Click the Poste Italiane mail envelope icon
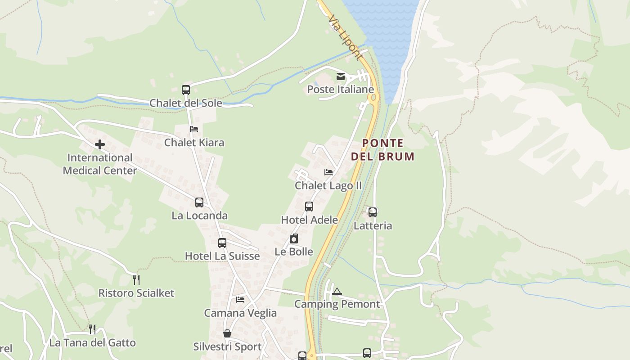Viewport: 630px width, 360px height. [x=341, y=76]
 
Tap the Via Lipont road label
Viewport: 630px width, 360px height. [x=345, y=38]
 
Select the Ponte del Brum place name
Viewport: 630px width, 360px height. [x=382, y=150]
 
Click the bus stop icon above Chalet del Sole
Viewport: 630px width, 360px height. [x=186, y=90]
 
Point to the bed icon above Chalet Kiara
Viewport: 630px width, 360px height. [x=194, y=129]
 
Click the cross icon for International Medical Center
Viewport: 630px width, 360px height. [x=100, y=144]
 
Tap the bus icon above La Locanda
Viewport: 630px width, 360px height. [x=199, y=202]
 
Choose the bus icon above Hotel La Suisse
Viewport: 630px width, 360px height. [x=222, y=243]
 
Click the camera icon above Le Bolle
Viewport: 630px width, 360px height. [x=294, y=238]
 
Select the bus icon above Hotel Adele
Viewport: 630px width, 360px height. [x=309, y=207]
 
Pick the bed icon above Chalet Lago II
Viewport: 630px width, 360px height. [x=328, y=172]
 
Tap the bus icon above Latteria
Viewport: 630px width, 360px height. [x=373, y=212]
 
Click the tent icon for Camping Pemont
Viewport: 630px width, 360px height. [x=337, y=291]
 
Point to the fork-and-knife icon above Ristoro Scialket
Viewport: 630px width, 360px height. [x=136, y=280]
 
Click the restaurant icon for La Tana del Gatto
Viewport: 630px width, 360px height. [x=92, y=329]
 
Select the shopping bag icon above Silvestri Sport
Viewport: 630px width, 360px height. [x=227, y=333]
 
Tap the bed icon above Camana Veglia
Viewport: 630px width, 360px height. [x=240, y=300]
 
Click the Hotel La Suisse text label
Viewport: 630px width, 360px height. [x=222, y=256]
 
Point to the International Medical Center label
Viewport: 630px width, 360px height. [x=100, y=164]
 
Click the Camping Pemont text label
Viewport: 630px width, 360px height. [x=337, y=304]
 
